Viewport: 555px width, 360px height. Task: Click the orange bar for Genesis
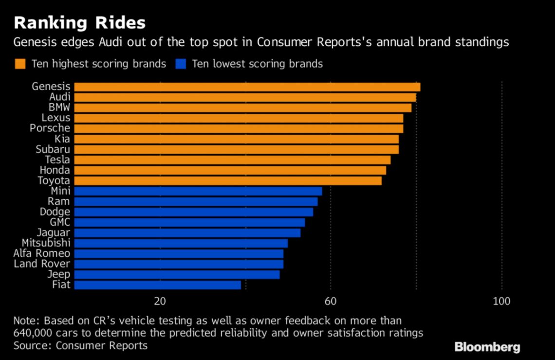tap(247, 87)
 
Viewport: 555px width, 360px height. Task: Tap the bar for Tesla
tap(232, 160)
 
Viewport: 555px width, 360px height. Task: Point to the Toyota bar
tap(228, 180)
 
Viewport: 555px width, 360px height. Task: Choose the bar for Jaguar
tap(187, 233)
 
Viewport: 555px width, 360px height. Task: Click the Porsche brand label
tap(50, 128)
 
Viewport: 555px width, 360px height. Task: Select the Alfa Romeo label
tap(42, 253)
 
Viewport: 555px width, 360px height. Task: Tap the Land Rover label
tap(42, 264)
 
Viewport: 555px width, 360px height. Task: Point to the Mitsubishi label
tap(46, 243)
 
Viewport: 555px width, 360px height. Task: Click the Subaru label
tap(53, 149)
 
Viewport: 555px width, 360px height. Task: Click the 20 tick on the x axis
tap(160, 302)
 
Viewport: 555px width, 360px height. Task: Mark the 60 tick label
tap(331, 302)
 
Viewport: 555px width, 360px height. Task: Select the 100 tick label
tap(501, 302)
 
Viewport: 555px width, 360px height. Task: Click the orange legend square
tap(20, 64)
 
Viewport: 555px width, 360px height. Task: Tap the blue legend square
tap(180, 64)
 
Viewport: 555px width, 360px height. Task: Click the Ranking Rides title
tap(79, 22)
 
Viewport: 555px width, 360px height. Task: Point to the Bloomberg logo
tap(487, 347)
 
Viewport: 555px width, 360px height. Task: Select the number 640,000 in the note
tap(36, 333)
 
